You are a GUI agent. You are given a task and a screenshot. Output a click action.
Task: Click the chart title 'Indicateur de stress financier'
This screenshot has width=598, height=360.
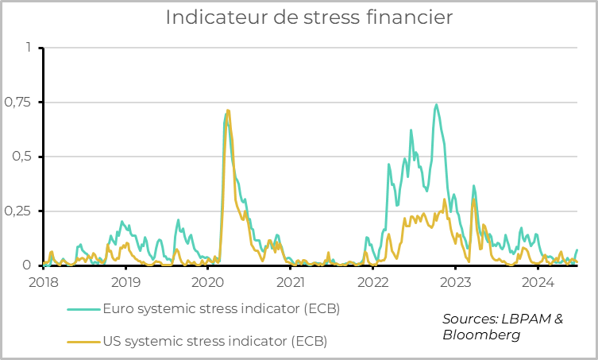click(x=299, y=17)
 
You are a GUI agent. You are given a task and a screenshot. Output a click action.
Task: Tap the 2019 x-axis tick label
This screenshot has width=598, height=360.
click(x=125, y=282)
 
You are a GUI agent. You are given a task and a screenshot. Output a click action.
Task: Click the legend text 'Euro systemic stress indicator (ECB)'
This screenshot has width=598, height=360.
click(x=221, y=309)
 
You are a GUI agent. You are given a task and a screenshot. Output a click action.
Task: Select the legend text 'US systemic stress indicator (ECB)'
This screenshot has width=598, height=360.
click(x=214, y=342)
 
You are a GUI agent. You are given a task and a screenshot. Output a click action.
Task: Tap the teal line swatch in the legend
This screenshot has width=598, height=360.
click(x=83, y=309)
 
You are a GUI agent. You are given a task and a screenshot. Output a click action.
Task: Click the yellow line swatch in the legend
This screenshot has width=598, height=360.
click(x=83, y=342)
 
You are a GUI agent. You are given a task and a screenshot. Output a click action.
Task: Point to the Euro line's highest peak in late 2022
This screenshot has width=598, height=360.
click(x=436, y=104)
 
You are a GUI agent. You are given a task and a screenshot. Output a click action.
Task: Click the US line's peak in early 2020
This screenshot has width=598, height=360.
click(x=228, y=110)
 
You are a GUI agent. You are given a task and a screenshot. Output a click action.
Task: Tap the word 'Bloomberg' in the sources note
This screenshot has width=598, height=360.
click(x=481, y=335)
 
